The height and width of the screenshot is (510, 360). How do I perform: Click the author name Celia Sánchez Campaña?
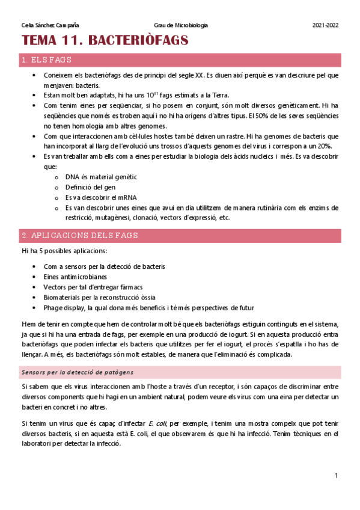click(50, 25)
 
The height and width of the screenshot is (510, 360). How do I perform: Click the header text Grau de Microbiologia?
click(182, 25)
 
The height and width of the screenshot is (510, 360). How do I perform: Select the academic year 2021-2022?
click(325, 25)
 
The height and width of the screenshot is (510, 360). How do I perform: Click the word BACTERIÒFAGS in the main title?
click(139, 41)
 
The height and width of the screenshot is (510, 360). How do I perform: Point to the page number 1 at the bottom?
click(337, 476)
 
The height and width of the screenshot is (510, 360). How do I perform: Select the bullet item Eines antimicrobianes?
click(75, 277)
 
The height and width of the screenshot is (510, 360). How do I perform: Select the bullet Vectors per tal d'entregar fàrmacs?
click(93, 287)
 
